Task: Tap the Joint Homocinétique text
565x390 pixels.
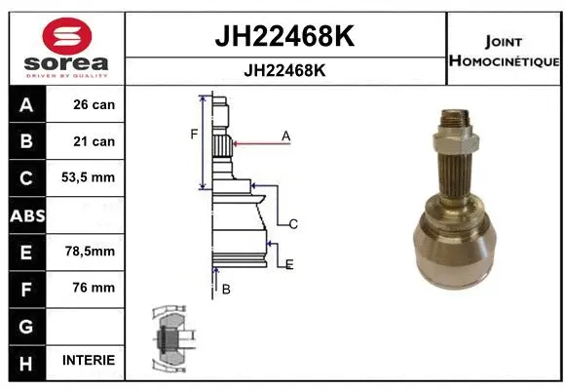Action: [504, 51]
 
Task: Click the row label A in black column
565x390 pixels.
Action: [26, 104]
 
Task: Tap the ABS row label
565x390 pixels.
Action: [26, 214]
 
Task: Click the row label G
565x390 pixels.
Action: [26, 324]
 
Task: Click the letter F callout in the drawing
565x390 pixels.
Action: [195, 134]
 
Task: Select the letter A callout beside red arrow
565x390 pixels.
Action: [286, 136]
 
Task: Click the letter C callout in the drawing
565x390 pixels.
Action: [293, 224]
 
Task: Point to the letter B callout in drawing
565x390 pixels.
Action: [225, 289]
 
